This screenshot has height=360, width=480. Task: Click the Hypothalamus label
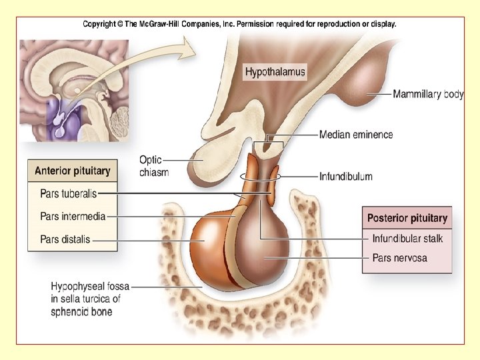click(275, 71)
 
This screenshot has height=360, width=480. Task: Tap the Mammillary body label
click(428, 95)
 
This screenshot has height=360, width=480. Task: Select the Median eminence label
click(356, 135)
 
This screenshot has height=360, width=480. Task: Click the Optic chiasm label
click(154, 166)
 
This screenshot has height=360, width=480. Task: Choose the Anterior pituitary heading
click(73, 171)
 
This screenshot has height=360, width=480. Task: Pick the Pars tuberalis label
click(68, 193)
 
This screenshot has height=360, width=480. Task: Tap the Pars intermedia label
click(73, 216)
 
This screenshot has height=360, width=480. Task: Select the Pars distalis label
click(65, 239)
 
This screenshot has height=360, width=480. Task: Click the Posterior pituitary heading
click(407, 218)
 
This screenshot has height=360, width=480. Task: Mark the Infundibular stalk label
click(407, 238)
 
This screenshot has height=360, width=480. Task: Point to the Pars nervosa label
click(400, 257)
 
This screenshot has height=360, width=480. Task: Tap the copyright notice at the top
click(239, 23)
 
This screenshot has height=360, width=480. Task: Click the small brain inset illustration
click(71, 89)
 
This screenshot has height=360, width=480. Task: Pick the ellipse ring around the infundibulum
click(260, 177)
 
